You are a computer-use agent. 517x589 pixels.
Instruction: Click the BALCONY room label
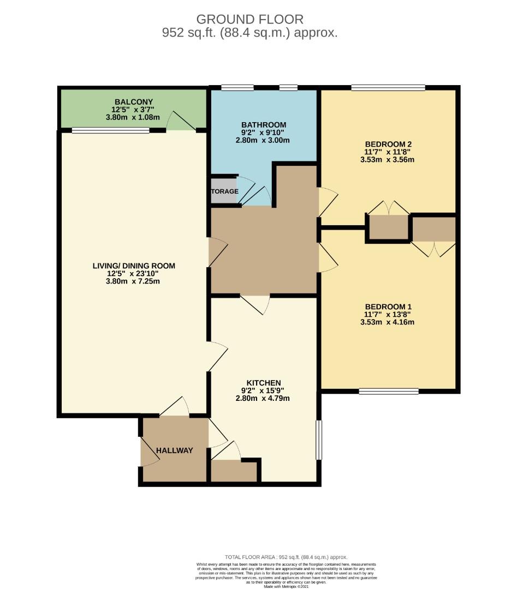click(x=134, y=102)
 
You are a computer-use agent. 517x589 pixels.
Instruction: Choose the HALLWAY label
click(x=175, y=450)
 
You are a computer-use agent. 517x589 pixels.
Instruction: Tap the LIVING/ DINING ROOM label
click(x=134, y=266)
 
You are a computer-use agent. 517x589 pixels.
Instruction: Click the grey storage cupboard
click(x=224, y=191)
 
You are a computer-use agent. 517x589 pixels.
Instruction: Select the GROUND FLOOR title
click(x=249, y=20)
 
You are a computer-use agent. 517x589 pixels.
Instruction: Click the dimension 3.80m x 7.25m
click(x=134, y=281)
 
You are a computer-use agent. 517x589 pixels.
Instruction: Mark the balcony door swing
click(x=180, y=121)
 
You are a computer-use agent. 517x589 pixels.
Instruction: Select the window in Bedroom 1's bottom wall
click(x=389, y=391)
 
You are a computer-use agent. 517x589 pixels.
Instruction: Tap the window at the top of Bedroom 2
click(x=388, y=87)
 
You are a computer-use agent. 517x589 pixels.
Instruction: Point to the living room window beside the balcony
click(x=110, y=130)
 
